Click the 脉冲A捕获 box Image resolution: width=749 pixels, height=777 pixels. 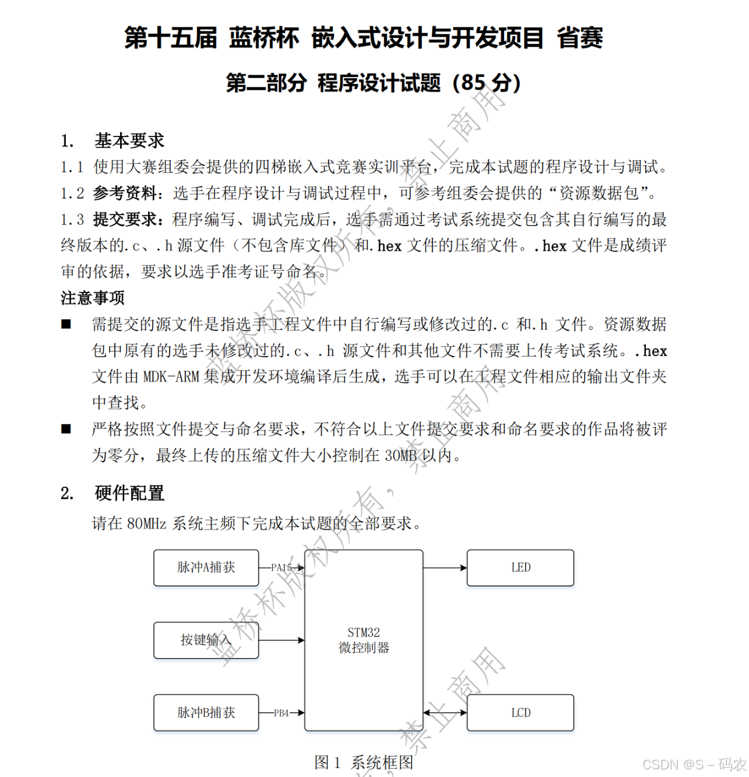click(206, 567)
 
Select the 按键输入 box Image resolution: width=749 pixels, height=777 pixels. click(206, 640)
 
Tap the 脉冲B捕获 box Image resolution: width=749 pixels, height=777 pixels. click(206, 712)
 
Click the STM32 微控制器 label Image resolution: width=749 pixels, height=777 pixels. click(364, 640)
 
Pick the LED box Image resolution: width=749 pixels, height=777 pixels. click(521, 567)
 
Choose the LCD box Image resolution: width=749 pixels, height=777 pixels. click(521, 712)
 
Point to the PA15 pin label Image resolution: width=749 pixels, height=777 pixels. click(282, 567)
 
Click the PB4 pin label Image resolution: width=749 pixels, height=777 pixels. click(282, 713)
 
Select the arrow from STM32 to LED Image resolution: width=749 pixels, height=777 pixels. click(445, 567)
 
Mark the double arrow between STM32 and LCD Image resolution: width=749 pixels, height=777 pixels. click(445, 712)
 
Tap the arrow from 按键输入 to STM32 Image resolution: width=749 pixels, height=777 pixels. click(282, 640)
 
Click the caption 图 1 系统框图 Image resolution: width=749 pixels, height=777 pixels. click(364, 762)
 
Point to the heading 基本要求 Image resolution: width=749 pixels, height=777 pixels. click(129, 140)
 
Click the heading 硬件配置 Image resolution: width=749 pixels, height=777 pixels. click(129, 493)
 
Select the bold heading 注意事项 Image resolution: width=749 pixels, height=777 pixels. click(93, 298)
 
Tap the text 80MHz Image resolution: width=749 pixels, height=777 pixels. click(146, 523)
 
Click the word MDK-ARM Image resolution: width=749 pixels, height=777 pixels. click(171, 377)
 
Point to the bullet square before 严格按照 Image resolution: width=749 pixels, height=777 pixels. click(66, 429)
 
